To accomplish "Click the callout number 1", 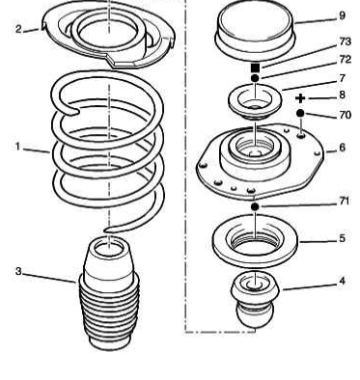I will [x=17, y=147].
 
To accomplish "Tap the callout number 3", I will [x=17, y=271].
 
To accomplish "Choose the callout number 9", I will [x=342, y=15].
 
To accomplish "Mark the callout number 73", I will [x=345, y=42].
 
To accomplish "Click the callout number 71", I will [x=345, y=201].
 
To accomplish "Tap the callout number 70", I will [x=345, y=115].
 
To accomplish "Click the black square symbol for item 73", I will [x=256, y=68].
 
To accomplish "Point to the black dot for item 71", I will [x=255, y=206].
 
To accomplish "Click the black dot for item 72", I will [x=255, y=79].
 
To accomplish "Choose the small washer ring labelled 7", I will [x=255, y=100].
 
